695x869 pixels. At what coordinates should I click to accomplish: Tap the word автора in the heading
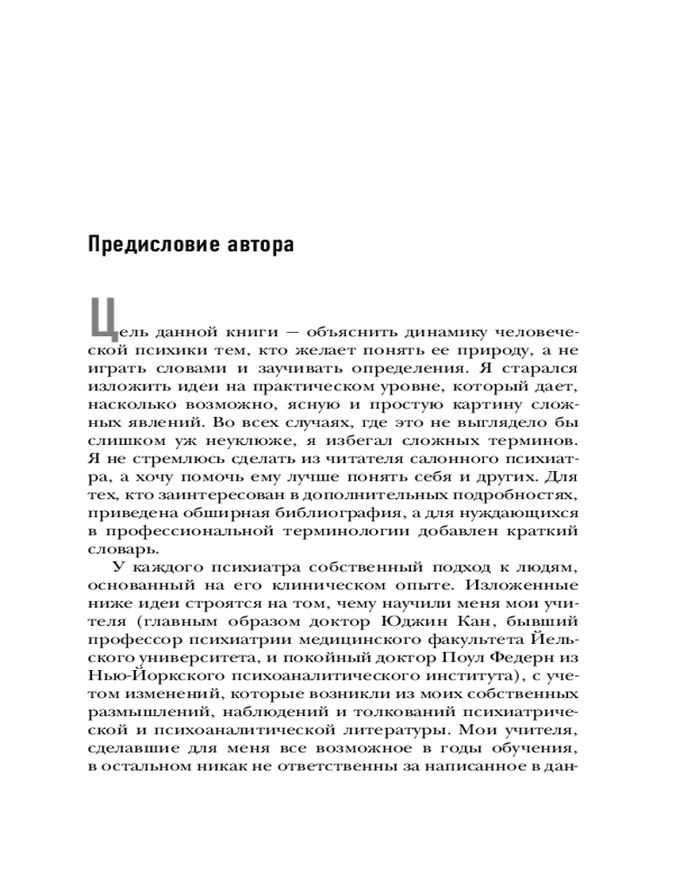259,244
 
